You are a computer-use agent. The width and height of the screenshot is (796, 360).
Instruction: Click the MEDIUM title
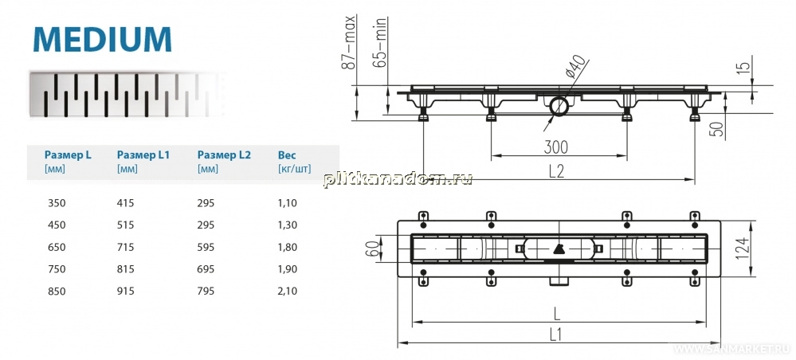[103, 39]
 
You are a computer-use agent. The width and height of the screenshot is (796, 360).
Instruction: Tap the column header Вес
[287, 155]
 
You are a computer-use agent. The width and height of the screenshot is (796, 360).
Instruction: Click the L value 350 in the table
[57, 203]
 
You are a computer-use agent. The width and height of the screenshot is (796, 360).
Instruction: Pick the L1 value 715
[125, 247]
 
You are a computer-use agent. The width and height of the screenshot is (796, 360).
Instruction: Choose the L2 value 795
[206, 292]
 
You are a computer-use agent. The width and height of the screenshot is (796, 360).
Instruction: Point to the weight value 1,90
[288, 269]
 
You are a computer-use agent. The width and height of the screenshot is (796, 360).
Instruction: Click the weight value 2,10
[288, 292]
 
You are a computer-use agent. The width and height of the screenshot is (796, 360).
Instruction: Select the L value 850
[57, 292]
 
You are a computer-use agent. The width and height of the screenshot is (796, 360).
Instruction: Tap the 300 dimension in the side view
[556, 147]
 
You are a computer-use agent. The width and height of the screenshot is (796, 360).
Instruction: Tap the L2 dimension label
[557, 171]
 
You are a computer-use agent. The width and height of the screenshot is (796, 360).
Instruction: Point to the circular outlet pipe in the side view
[559, 107]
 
